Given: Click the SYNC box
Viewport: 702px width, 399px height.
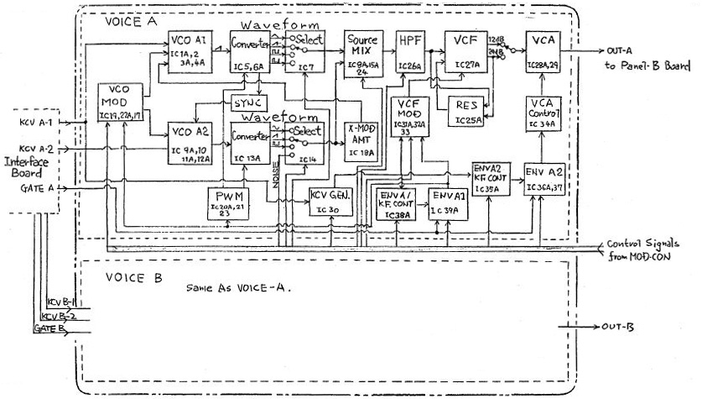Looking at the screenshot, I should click(x=247, y=102).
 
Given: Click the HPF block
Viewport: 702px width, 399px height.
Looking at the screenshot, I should click(x=411, y=52).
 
